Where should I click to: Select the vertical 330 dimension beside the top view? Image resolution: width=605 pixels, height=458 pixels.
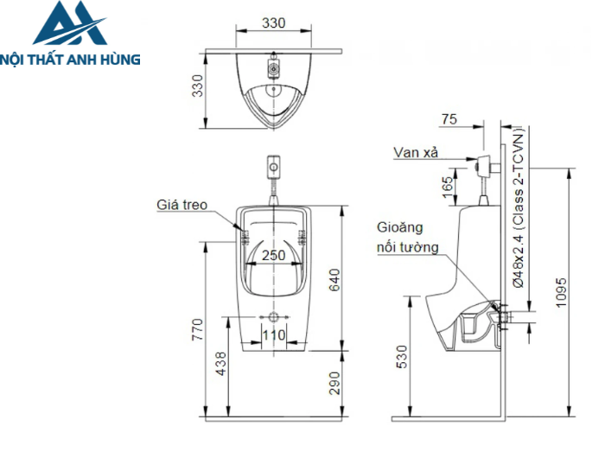tap(198, 86)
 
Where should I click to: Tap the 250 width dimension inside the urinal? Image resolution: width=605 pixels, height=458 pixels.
tap(273, 255)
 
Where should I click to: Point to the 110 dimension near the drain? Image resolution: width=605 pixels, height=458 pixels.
tap(273, 334)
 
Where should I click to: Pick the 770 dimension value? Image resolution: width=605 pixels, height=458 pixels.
tap(197, 328)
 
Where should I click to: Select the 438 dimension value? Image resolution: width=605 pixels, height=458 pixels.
tap(223, 365)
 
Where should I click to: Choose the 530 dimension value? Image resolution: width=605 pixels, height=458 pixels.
tap(399, 355)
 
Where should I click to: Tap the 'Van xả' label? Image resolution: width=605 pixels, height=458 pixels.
tap(416, 152)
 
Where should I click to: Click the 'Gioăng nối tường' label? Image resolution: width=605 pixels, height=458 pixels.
tap(406, 238)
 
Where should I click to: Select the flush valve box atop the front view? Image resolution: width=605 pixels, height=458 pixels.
tap(273, 163)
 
